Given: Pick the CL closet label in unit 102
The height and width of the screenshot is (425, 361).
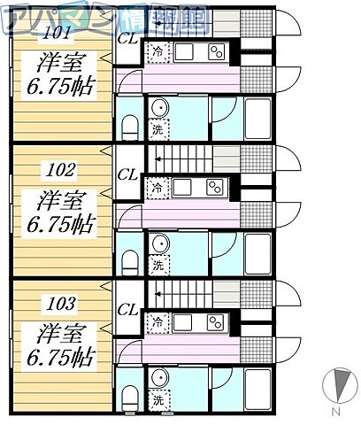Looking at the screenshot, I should point(127,174).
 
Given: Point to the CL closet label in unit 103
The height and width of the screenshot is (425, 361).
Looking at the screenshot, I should point(127,309).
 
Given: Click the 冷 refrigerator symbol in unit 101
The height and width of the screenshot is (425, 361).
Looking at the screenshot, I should point(157,51).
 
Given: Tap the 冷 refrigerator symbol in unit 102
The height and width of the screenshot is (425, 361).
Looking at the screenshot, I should point(157,188).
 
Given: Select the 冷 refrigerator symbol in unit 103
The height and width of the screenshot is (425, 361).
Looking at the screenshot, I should point(157,322).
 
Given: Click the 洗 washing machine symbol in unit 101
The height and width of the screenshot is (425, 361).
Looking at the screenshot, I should point(158,129).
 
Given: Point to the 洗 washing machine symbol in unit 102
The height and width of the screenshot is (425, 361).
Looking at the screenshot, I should point(158,264).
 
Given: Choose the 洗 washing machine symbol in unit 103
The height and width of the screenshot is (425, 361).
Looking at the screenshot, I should point(158,399).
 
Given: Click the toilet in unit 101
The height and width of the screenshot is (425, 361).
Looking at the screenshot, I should point(129,127).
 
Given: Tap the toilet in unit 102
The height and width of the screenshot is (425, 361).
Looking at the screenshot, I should point(129,261).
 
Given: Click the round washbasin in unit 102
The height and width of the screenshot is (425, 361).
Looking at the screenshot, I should point(160,243).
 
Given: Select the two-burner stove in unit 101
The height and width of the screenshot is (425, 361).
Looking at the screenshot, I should point(215,52).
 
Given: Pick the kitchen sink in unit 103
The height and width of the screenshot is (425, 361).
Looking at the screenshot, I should point(185,322).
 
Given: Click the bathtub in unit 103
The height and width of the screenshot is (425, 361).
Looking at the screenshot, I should point(257,390).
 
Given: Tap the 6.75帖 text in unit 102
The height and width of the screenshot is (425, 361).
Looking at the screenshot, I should point(61,222).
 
